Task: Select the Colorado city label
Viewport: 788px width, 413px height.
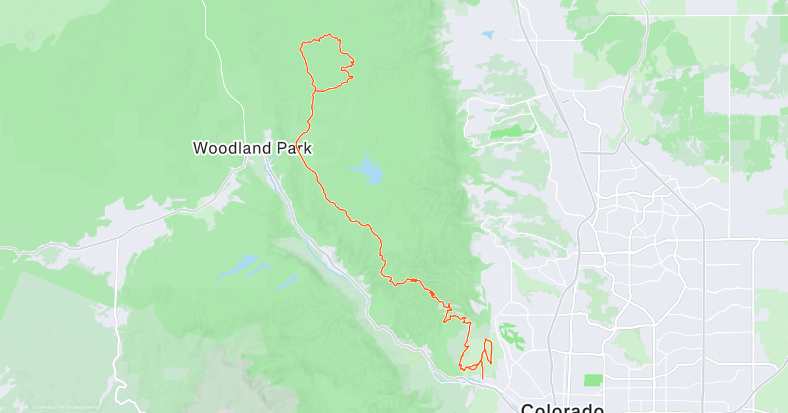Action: (562, 408)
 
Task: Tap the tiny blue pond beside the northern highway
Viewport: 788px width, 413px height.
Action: (487, 33)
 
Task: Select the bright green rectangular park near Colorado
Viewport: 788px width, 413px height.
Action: (593, 380)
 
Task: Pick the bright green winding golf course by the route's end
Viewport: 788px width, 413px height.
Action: (510, 334)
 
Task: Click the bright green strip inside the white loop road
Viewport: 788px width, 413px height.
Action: (512, 132)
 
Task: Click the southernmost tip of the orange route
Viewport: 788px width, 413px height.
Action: (483, 378)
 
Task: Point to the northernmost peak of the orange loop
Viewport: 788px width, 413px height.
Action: (328, 35)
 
